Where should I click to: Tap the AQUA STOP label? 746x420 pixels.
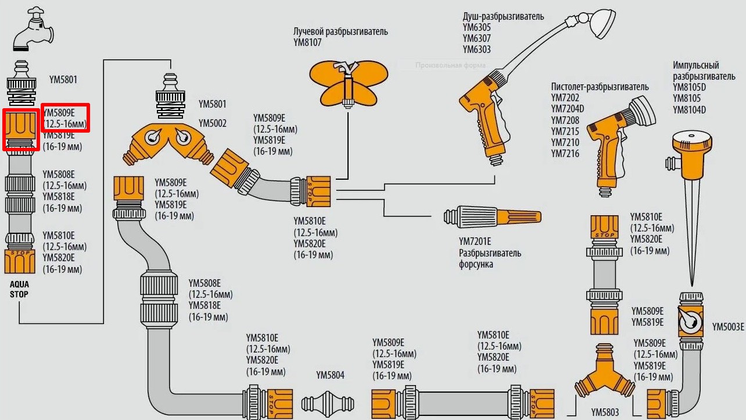pos(19,289)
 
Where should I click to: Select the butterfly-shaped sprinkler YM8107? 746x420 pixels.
pos(348,81)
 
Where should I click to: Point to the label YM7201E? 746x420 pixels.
pos(475,241)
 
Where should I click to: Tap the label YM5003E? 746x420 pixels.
pos(728,326)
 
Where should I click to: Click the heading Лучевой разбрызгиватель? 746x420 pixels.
pos(340,31)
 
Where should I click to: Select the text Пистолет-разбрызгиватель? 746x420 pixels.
pos(600,87)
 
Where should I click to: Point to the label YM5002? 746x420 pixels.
pos(212,123)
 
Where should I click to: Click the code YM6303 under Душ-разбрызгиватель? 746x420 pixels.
pos(476,49)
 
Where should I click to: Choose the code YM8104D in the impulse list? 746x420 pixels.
pos(689,110)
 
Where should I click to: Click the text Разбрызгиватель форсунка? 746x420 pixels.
pos(490,258)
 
